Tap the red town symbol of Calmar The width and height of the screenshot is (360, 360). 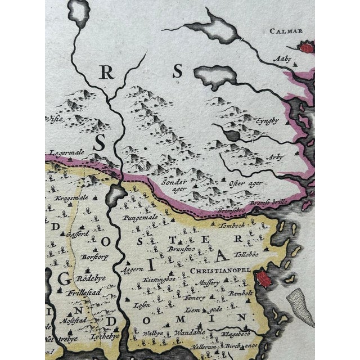(306, 48)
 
